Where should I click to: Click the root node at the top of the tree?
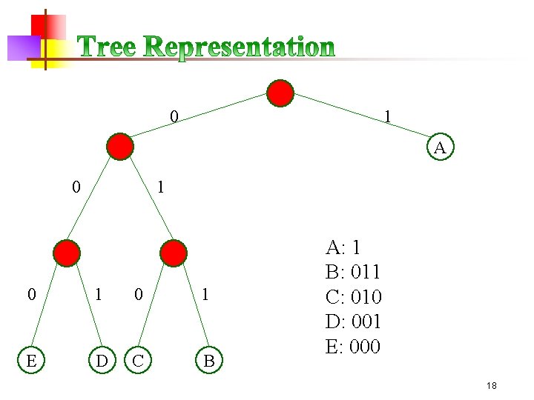coord(280,93)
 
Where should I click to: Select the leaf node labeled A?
coord(440,147)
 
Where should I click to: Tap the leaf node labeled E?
coord(30,361)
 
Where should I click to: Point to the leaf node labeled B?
coord(208,361)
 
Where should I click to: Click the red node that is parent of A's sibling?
coord(119,147)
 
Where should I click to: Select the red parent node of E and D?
coord(67,253)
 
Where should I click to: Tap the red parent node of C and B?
coord(174,253)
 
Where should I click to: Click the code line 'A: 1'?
coord(343,247)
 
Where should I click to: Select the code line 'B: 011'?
coord(353,272)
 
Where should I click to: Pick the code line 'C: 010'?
coord(353,297)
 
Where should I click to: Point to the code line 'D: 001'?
coord(353,321)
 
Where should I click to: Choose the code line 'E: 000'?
coord(353,346)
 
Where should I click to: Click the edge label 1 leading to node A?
coord(387,116)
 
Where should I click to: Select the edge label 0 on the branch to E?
coord(30,295)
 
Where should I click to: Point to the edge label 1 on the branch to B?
coord(206,295)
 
